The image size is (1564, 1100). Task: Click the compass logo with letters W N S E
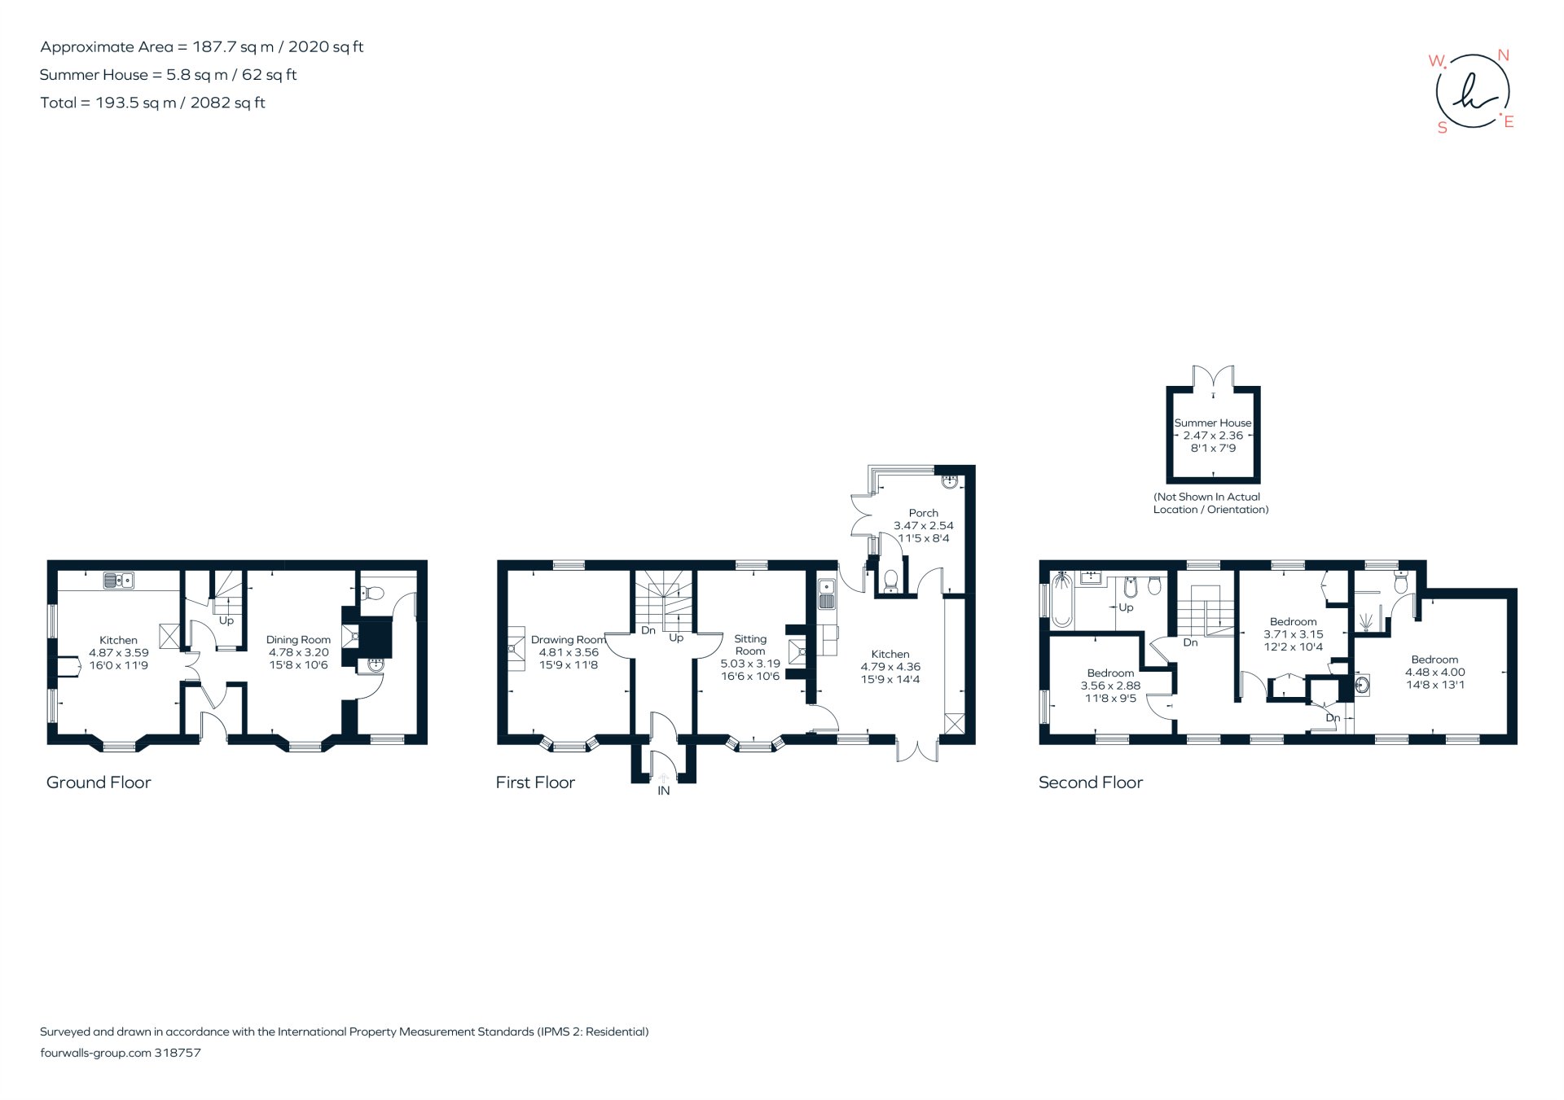[1472, 91]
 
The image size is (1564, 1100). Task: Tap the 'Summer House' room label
[1213, 423]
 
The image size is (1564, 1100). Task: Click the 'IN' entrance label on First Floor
[664, 791]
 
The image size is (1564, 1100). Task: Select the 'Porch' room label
[923, 513]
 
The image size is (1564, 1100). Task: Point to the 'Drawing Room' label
[568, 640]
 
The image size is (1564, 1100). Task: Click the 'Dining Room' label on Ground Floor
[298, 640]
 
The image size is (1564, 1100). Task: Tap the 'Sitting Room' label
[749, 645]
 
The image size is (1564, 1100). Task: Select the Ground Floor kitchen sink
[119, 581]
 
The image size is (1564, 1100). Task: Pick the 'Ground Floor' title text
[99, 782]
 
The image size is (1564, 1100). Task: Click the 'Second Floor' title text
[1090, 782]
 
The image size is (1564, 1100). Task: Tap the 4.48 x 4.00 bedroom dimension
[1434, 673]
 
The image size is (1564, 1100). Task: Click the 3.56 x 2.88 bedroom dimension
[1110, 686]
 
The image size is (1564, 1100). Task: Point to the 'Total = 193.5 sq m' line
[153, 103]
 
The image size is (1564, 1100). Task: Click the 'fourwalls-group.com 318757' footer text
[121, 1053]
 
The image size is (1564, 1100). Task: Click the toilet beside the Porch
[890, 581]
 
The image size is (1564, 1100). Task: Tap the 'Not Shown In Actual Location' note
[1210, 503]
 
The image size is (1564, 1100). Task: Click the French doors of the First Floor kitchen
[917, 750]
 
